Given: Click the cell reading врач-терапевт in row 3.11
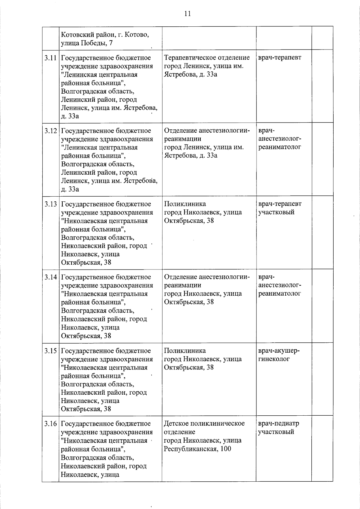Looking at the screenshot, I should coord(280,57).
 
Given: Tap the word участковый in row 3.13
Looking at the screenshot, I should coord(276,212).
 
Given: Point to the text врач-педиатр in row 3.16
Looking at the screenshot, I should coord(278,423).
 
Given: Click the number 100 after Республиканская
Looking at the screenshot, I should coord(225,449).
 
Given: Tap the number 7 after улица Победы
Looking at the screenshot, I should coord(111,43).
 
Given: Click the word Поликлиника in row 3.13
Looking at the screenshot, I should coord(185,204).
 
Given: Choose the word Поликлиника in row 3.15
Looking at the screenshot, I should coord(185,351).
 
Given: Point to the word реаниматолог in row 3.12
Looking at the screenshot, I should coord(280,147).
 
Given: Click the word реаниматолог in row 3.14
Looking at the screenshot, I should coord(280,294).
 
